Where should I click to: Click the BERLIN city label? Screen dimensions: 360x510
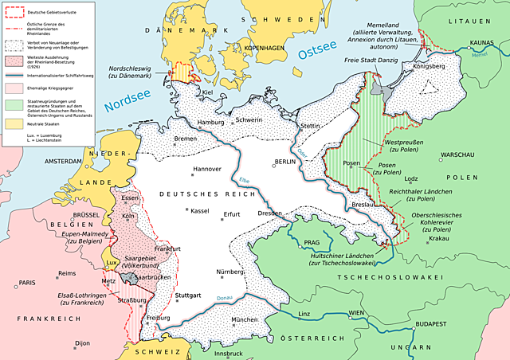(x=284, y=161)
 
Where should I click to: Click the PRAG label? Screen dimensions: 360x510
(x=312, y=241)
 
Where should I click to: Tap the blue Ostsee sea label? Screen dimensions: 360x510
(x=319, y=53)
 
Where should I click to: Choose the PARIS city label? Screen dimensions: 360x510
(x=28, y=283)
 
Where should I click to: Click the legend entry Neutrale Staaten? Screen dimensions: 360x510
(x=45, y=125)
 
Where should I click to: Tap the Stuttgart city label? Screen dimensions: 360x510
(x=190, y=295)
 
